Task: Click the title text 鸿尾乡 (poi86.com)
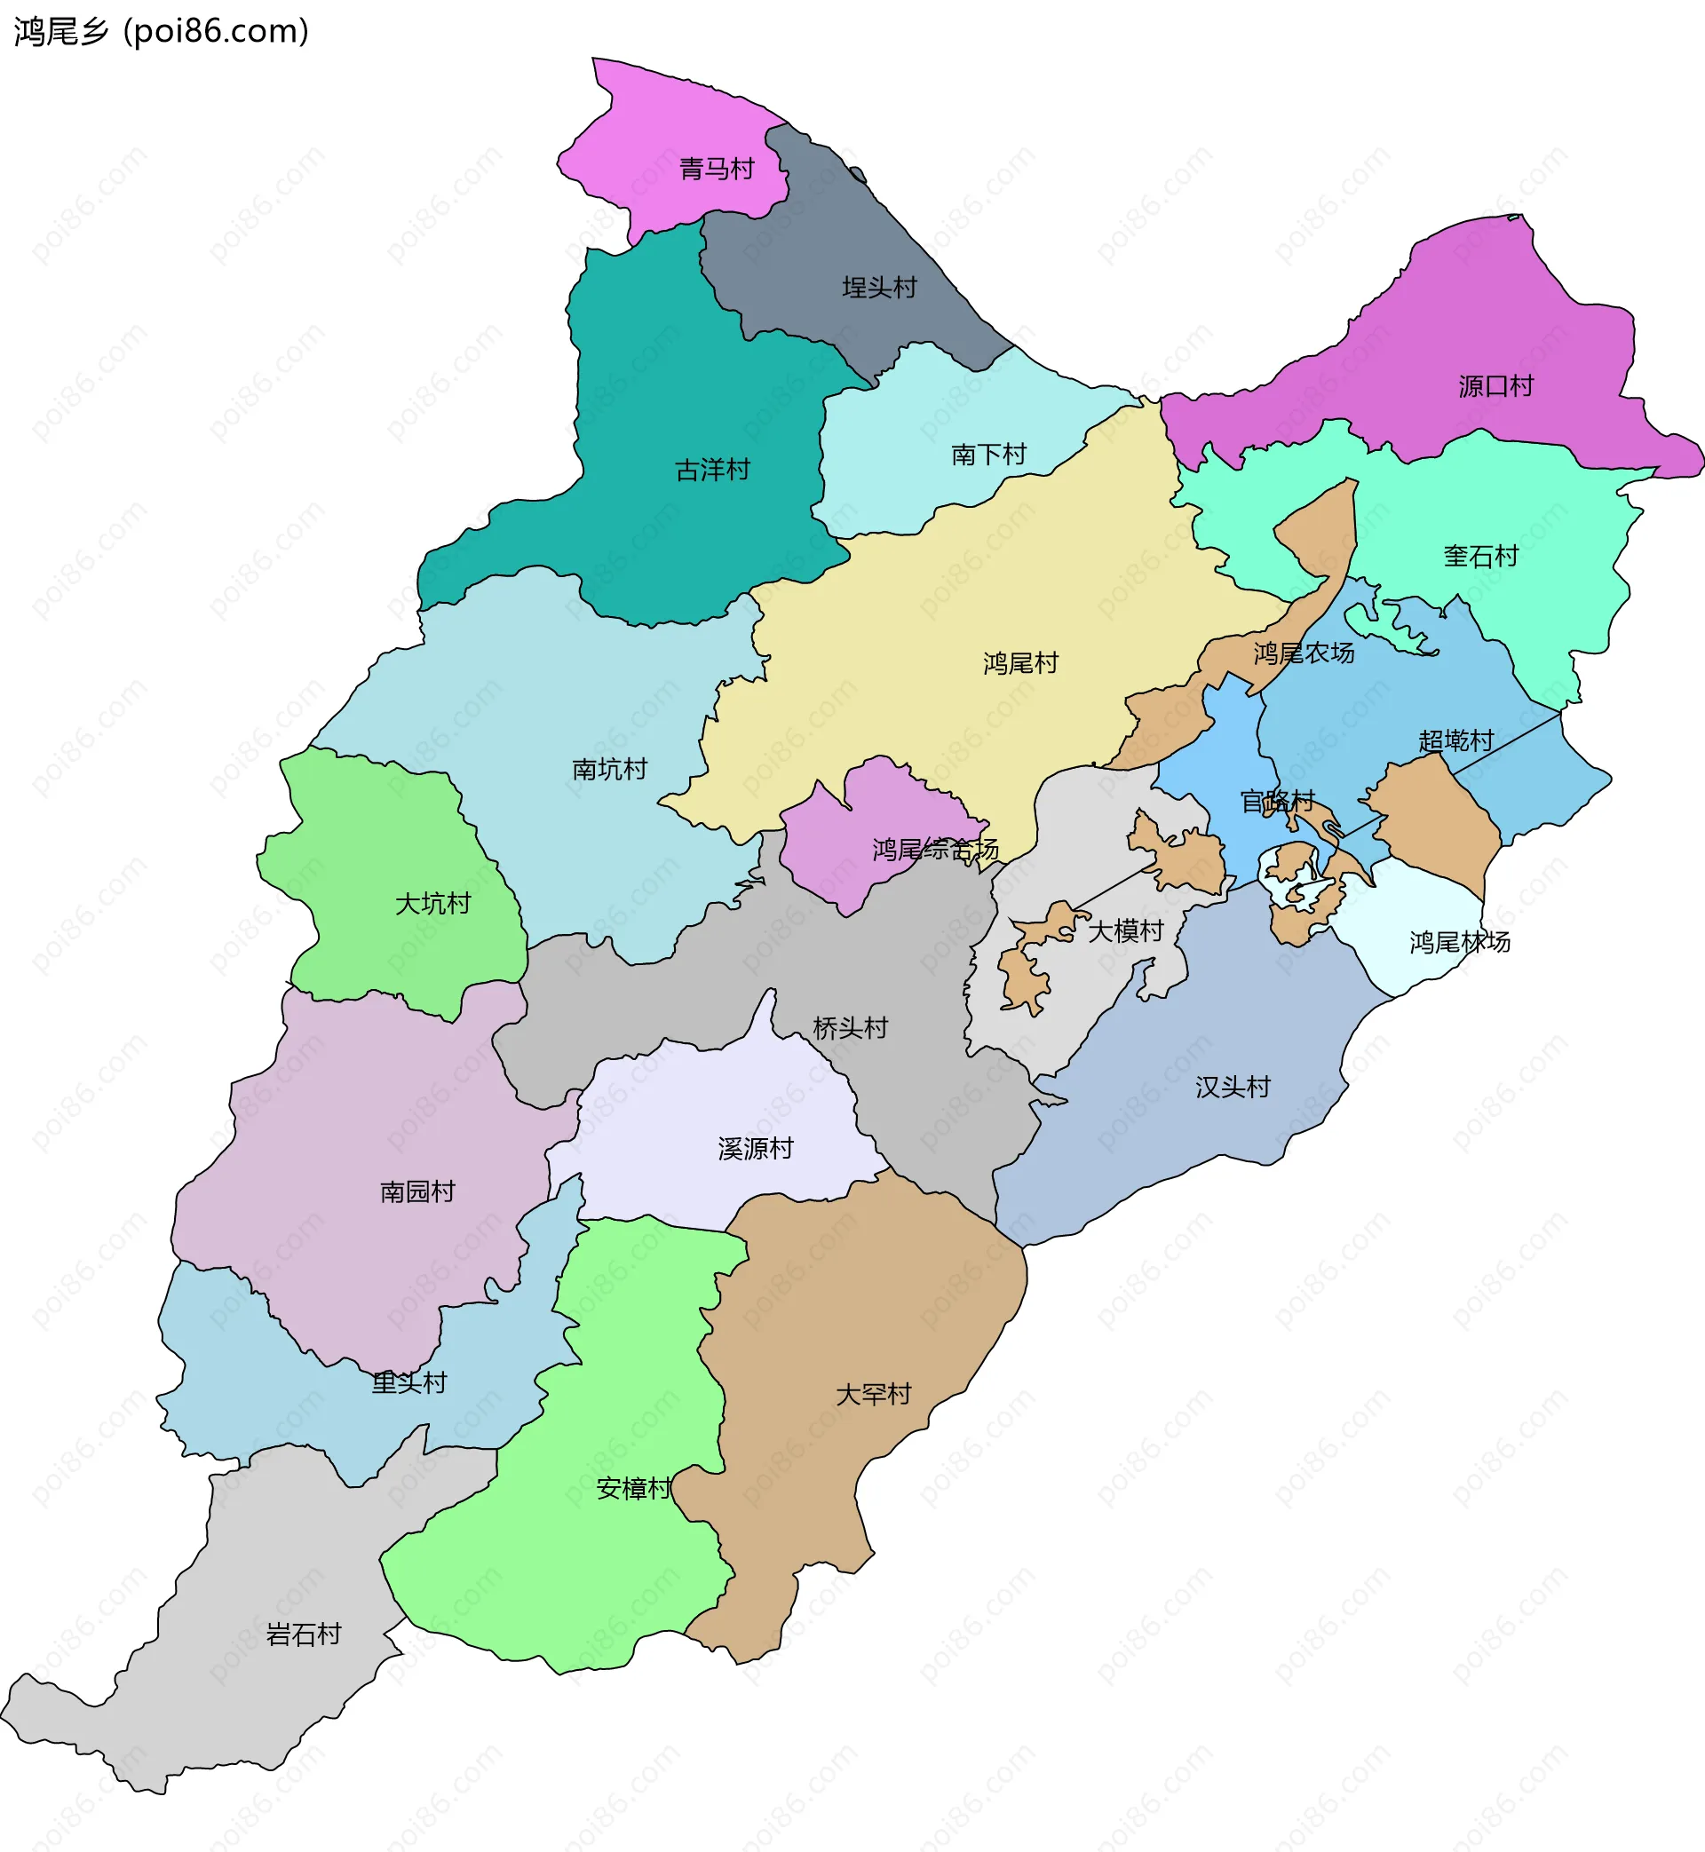(162, 31)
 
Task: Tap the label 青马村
(717, 169)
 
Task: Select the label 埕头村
(879, 288)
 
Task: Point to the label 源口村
(1495, 386)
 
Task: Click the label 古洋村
(712, 471)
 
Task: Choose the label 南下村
(988, 455)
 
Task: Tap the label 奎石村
(1481, 556)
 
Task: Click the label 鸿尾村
(1020, 663)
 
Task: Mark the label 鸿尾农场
(1304, 653)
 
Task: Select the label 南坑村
(610, 769)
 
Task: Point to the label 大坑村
(432, 903)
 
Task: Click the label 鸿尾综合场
(934, 850)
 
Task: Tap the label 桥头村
(850, 1027)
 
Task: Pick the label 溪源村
(756, 1148)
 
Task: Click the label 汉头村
(1233, 1087)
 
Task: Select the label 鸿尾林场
(1460, 942)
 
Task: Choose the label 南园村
(417, 1191)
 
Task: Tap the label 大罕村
(873, 1394)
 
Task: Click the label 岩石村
(304, 1634)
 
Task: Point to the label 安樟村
(634, 1488)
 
